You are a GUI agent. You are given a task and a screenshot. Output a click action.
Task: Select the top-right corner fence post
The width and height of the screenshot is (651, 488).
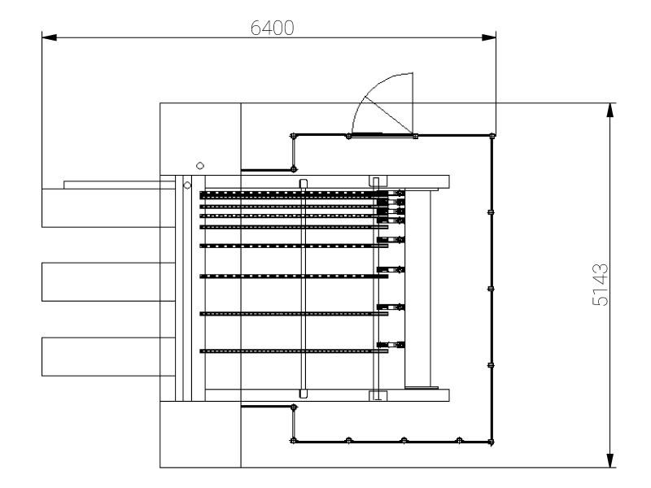point(491,136)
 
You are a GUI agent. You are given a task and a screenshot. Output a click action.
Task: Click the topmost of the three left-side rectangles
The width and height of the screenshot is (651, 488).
point(108,207)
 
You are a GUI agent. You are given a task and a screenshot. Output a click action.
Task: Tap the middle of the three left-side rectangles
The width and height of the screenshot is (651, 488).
point(108,281)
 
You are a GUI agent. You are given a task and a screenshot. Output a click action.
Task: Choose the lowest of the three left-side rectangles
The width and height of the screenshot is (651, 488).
point(108,356)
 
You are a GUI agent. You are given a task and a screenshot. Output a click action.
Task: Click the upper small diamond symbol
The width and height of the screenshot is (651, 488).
point(200,165)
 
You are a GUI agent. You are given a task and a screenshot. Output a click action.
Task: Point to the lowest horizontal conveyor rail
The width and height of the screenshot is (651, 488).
point(293,351)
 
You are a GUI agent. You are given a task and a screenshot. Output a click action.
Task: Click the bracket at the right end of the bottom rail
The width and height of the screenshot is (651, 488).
point(391,345)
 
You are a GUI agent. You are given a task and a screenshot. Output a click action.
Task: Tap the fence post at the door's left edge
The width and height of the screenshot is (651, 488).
point(348,136)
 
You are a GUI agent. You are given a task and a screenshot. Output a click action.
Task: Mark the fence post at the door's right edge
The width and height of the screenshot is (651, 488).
point(415,136)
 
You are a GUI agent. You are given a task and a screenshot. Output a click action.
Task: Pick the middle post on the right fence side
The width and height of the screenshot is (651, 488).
point(491,288)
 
